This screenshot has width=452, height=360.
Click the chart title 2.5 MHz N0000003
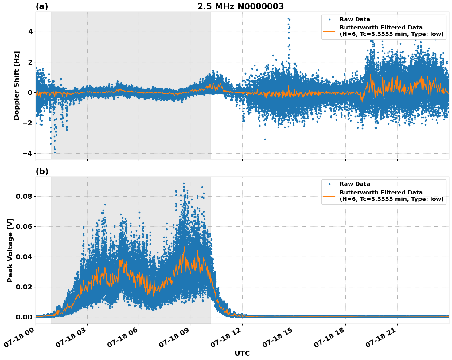[240, 6]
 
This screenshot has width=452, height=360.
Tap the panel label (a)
[42, 6]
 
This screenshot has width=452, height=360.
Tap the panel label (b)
[42, 171]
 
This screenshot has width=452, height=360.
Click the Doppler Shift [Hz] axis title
[17, 85]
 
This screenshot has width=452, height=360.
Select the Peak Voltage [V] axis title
[10, 250]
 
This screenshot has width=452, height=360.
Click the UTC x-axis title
[242, 353]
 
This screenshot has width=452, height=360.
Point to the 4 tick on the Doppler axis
[30, 32]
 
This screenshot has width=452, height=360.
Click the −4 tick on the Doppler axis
[28, 153]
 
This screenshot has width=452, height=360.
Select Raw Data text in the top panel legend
[355, 19]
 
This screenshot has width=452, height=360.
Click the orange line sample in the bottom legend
[329, 196]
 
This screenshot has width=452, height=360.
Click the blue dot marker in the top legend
[329, 19]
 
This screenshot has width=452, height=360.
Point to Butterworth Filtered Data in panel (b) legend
[381, 193]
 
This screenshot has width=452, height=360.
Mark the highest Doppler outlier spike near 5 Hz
[288, 18]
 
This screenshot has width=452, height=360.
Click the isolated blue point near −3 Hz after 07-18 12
[265, 139]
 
